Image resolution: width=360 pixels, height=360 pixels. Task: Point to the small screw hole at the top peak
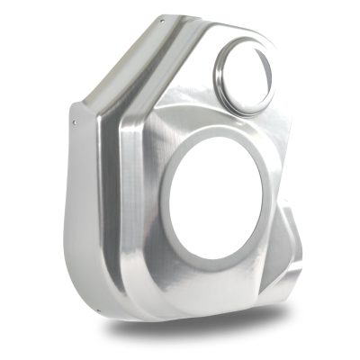coord(161,20)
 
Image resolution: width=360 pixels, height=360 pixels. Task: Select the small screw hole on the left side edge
coord(74,117)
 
